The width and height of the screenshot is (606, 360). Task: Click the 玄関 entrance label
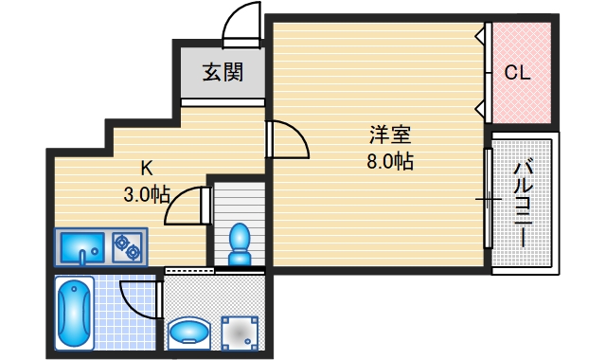tap(220, 71)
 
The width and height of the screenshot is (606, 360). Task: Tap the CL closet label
tap(516, 72)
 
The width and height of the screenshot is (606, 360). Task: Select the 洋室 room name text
tap(389, 135)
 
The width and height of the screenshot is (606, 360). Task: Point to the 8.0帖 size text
tap(389, 160)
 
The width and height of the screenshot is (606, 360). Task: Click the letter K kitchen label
tap(147, 169)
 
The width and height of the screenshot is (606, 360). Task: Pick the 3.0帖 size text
tap(146, 195)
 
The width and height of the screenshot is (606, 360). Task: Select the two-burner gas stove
tap(127, 247)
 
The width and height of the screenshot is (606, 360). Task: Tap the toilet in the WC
tap(240, 243)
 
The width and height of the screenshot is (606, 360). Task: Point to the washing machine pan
tap(240, 331)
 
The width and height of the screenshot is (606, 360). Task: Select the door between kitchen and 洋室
tap(287, 141)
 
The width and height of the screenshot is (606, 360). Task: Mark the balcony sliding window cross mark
tap(489, 199)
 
